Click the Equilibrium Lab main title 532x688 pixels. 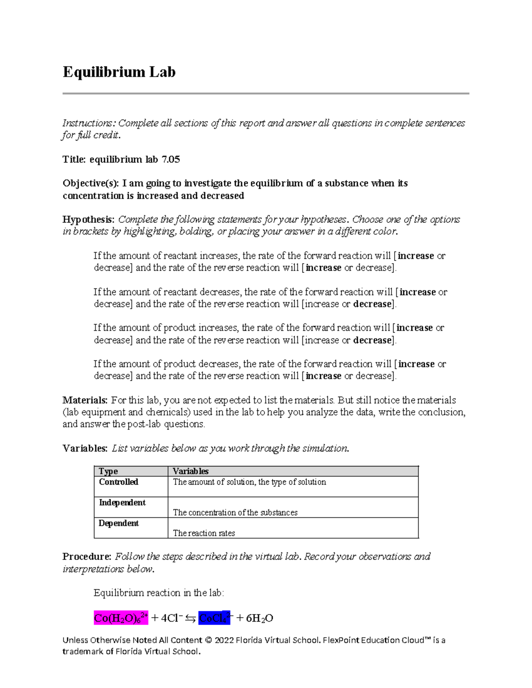(119, 72)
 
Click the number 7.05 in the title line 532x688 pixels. (171, 159)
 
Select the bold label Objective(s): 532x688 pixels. (91, 183)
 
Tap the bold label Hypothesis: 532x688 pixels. (89, 220)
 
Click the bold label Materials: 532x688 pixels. (85, 400)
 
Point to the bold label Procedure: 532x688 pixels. (87, 557)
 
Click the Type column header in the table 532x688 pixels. (108, 471)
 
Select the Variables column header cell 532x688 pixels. (191, 471)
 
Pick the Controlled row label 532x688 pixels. (118, 482)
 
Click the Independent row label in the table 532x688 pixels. (122, 503)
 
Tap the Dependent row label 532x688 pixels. (118, 524)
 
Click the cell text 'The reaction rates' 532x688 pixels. (204, 533)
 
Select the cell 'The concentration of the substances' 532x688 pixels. (235, 513)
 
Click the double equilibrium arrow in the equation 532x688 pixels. (191, 618)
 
